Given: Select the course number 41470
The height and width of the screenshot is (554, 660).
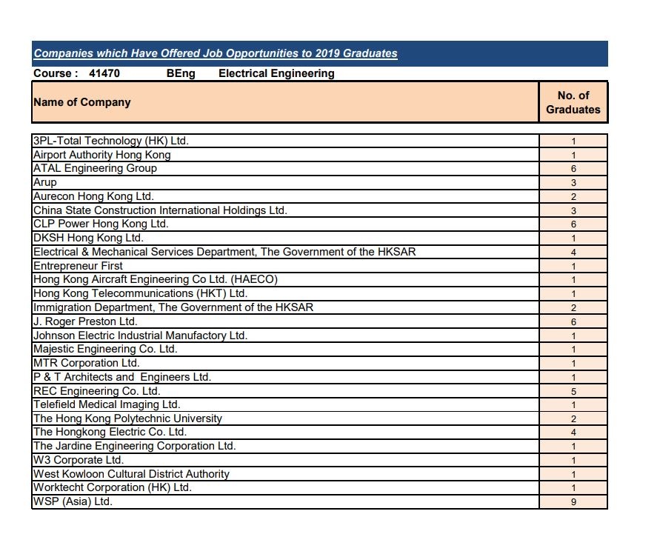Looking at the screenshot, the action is coord(104,73).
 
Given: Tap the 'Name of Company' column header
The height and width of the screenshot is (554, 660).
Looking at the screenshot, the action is coord(82,102).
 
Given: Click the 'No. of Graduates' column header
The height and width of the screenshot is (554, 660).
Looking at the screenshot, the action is coord(573,102).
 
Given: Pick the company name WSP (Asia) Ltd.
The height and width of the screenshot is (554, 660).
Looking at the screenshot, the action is coord(73,502).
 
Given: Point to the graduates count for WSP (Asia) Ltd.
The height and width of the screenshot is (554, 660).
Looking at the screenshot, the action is coord(573,502).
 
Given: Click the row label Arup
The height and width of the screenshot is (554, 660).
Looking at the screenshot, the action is coord(45,183).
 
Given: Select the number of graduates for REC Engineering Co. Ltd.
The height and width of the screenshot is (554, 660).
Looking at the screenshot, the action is coord(573,392).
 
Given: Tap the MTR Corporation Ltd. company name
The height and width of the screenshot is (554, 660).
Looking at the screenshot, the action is coord(86,363).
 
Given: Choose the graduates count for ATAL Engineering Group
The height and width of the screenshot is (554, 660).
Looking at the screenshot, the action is coord(573,169).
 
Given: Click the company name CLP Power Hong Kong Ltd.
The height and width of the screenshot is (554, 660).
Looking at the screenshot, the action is coord(101,224).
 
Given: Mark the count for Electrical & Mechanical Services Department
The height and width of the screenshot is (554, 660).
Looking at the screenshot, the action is coord(573,253).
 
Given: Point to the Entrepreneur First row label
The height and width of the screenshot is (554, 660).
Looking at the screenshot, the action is coord(78,266).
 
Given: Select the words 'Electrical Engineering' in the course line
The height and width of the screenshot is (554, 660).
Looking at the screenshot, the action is coord(276,73).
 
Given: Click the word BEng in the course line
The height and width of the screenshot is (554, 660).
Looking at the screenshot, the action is coord(181,73).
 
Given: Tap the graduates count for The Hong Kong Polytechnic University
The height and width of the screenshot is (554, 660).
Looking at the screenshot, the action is coord(573,419).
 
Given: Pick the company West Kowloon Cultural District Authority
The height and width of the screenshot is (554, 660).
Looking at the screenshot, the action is coord(131,474).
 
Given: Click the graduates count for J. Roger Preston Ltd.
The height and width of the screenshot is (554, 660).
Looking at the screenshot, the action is coord(573,322).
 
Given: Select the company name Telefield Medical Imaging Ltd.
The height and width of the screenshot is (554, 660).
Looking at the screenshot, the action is coord(107,404).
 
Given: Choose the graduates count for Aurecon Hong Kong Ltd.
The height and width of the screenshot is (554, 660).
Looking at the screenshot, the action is coord(573,197).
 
